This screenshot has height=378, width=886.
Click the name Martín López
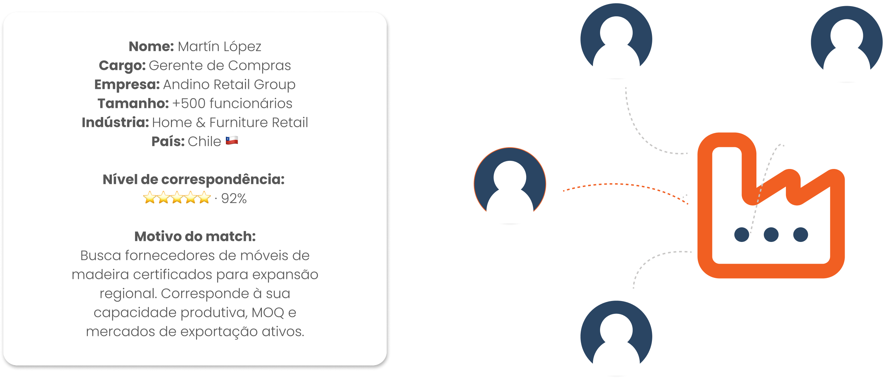(x=219, y=46)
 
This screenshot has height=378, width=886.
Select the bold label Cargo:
(x=122, y=65)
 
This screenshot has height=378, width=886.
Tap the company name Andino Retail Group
(x=229, y=84)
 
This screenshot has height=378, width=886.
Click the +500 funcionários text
(x=232, y=103)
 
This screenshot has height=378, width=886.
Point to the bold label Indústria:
(x=115, y=122)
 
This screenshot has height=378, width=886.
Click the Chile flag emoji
(x=232, y=141)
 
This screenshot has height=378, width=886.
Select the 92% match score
(x=234, y=199)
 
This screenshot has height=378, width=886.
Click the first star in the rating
(x=150, y=198)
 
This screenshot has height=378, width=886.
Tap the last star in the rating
(x=204, y=198)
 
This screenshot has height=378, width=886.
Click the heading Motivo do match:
(x=195, y=237)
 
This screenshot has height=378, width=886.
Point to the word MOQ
(x=268, y=313)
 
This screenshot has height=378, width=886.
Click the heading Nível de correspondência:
(x=194, y=179)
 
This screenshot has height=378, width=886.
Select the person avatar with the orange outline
(x=510, y=184)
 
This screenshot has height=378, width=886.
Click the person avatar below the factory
(x=616, y=337)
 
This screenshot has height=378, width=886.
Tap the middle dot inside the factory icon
(x=771, y=234)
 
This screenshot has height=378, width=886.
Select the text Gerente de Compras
(x=220, y=65)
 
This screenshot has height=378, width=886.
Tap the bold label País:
(x=168, y=141)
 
